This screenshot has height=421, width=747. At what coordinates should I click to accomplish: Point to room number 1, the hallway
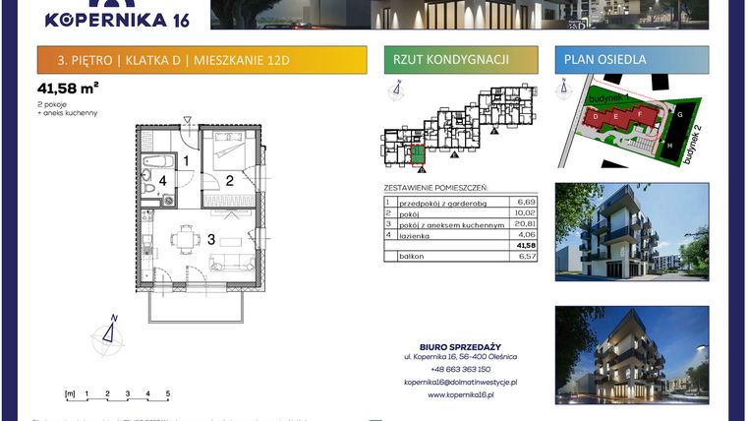(x=185, y=159)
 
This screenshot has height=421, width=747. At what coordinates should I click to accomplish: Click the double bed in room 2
(x=232, y=154)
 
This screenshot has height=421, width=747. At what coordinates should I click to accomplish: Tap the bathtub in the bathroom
(x=157, y=159)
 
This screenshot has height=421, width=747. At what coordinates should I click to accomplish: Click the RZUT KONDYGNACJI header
(x=450, y=60)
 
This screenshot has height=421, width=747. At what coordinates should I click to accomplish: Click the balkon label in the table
(x=412, y=256)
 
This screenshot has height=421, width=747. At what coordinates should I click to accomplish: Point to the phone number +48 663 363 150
(x=461, y=369)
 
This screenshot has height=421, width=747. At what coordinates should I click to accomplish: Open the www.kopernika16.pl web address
(x=461, y=395)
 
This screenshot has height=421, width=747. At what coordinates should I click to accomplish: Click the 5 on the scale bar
(x=168, y=393)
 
